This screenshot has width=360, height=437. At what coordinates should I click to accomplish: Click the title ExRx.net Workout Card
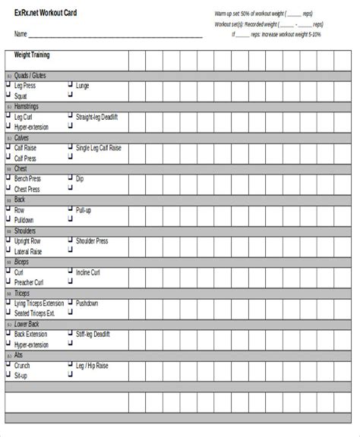click(x=45, y=14)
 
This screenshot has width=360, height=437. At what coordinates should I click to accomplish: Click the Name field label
click(x=21, y=34)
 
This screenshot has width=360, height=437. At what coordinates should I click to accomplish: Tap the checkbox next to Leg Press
click(x=8, y=86)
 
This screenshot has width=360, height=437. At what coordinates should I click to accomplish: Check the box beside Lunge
click(x=71, y=86)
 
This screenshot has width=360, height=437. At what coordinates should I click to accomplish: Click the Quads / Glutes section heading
click(x=30, y=75)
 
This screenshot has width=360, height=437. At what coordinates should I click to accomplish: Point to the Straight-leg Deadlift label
click(x=97, y=117)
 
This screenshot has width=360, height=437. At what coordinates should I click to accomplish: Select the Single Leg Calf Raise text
click(x=99, y=148)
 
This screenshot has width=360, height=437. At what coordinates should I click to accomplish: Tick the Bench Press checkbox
click(x=8, y=178)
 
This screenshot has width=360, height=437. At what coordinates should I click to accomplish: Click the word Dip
click(x=80, y=179)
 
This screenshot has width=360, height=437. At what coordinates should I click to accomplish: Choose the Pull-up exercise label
click(x=84, y=210)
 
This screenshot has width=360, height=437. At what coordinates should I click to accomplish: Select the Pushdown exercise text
click(x=87, y=303)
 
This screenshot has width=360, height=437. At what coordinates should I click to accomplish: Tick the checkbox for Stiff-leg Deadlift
click(x=71, y=334)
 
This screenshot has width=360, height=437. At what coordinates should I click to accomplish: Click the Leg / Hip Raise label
click(x=92, y=366)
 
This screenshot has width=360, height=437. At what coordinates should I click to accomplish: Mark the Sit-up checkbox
click(x=8, y=376)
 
